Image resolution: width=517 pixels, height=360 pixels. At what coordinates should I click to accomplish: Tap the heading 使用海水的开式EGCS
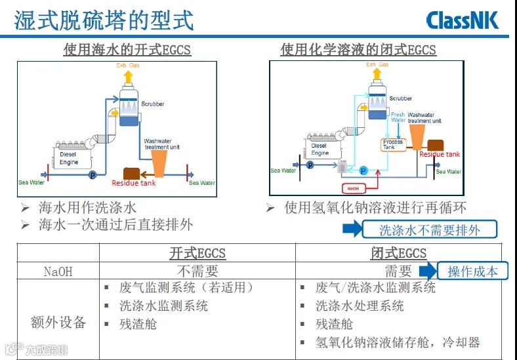[x=127, y=50]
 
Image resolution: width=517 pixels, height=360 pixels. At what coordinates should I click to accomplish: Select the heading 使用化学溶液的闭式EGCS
[x=358, y=50]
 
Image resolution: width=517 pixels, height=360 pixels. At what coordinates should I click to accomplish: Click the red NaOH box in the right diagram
[x=353, y=188]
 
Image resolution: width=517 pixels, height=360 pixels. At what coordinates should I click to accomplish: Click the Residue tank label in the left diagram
[x=134, y=183]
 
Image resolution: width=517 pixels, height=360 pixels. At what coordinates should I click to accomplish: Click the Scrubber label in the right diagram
[x=401, y=98]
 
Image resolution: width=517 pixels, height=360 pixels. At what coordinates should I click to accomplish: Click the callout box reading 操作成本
[x=472, y=271]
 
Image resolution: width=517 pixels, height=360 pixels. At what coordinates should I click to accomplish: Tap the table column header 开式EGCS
[x=197, y=253]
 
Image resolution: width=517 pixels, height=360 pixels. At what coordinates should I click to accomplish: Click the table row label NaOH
[x=58, y=271]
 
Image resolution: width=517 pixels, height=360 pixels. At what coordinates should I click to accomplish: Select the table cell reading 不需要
[x=197, y=271]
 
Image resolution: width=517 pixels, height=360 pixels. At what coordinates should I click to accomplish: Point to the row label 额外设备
[x=58, y=322]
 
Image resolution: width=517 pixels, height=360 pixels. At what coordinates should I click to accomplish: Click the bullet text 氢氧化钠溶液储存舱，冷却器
[x=398, y=342]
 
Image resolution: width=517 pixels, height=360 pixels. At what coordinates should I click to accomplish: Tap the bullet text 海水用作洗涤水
[x=87, y=208]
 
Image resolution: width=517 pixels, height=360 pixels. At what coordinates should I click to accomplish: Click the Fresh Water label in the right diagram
[x=398, y=117]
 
